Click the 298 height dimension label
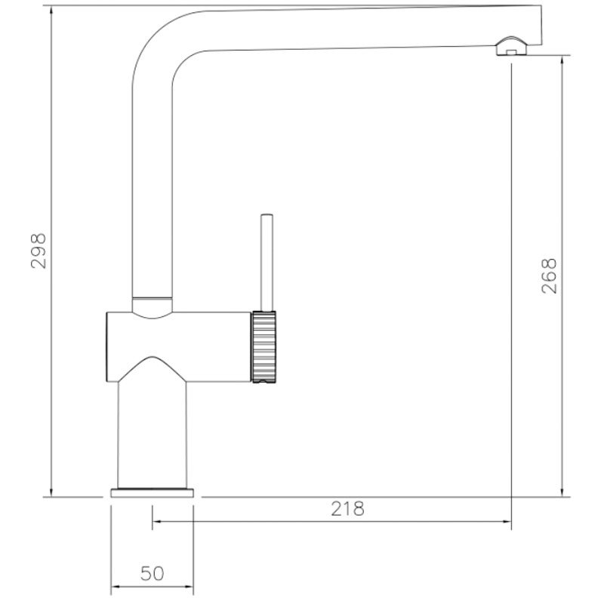tap(39, 251)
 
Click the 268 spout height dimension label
tap(549, 276)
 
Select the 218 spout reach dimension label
tap(347, 509)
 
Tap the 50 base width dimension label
tap(153, 574)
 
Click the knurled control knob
tap(263, 347)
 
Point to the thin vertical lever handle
tap(267, 262)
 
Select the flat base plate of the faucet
tap(153, 493)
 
